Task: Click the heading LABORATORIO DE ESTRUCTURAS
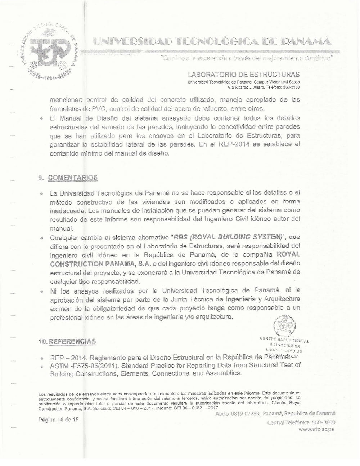[244, 75]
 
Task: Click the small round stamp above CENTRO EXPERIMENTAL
[284, 326]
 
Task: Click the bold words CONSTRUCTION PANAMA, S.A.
[91, 264]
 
